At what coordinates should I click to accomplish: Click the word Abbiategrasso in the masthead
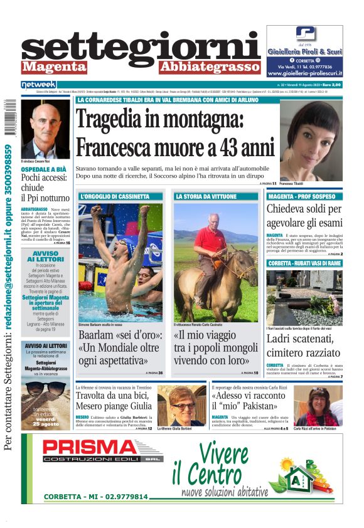208,67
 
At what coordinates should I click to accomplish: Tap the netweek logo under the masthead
39,84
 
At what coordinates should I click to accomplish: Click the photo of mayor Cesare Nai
45,129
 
